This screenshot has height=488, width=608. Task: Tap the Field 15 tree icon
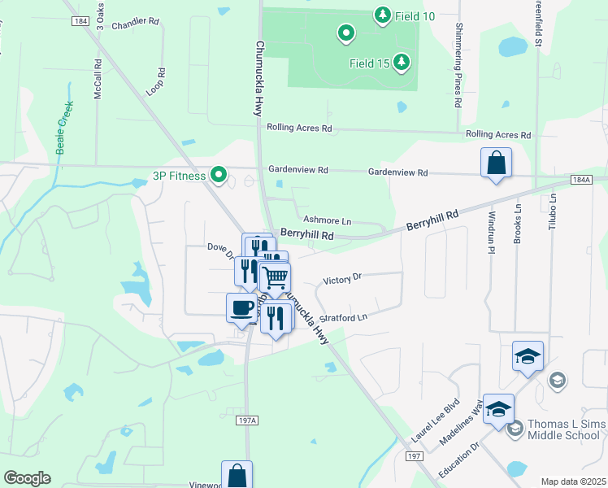[401, 62]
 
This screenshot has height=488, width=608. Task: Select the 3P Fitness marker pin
[218, 175]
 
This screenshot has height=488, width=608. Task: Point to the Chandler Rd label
[135, 24]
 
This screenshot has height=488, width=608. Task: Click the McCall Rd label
[98, 79]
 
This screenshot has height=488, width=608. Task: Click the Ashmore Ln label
[327, 220]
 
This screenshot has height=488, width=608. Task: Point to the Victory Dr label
[341, 279]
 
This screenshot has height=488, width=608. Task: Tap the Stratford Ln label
[345, 316]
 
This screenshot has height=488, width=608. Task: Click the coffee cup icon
[241, 307]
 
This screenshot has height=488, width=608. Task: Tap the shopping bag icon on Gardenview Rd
[496, 163]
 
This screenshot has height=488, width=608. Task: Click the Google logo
[27, 478]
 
